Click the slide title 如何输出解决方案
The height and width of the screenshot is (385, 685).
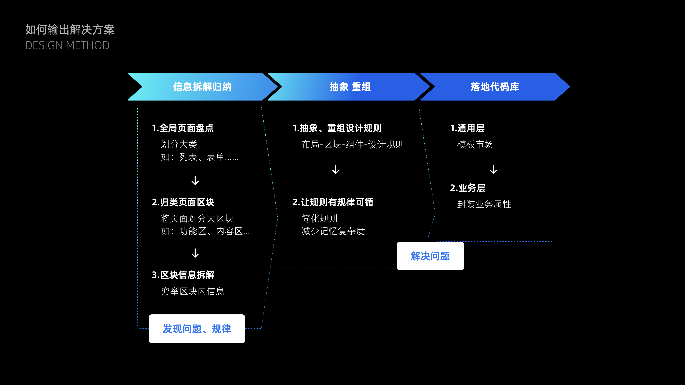pyautogui.click(x=70, y=29)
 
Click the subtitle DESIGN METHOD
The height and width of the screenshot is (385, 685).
pyautogui.click(x=67, y=45)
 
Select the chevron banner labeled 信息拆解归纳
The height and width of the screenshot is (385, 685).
pyautogui.click(x=202, y=87)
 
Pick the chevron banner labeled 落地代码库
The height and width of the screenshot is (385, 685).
pyautogui.click(x=495, y=87)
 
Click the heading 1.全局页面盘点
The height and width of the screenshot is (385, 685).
pyautogui.click(x=183, y=128)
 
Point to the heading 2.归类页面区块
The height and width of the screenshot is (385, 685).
pyautogui.click(x=183, y=202)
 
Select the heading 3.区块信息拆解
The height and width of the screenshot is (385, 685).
pyautogui.click(x=183, y=275)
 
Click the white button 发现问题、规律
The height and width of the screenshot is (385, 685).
pyautogui.click(x=197, y=329)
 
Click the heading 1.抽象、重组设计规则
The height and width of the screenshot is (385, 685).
pyautogui.click(x=337, y=128)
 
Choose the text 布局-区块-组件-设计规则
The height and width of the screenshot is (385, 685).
pyautogui.click(x=352, y=145)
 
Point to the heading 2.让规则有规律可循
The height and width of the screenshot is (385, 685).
pyautogui.click(x=333, y=202)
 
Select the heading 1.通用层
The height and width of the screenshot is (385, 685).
pyautogui.click(x=467, y=128)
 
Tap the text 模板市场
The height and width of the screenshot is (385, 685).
pyautogui.click(x=475, y=145)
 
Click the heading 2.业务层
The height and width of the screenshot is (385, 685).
pyautogui.click(x=468, y=188)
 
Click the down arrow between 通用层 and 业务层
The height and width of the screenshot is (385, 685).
pyautogui.click(x=493, y=169)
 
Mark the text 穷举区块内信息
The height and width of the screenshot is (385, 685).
pyautogui.click(x=192, y=291)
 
